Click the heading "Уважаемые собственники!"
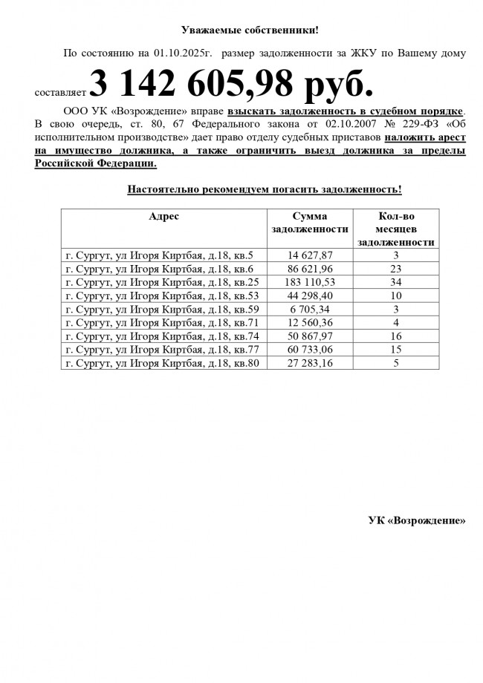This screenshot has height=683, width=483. click(x=250, y=30)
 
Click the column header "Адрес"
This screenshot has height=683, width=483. click(x=163, y=216)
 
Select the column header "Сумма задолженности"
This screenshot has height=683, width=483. click(x=310, y=223)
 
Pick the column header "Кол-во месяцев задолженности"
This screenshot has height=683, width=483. click(x=396, y=229)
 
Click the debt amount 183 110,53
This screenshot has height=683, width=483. click(x=310, y=282)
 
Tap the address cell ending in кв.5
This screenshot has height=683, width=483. click(x=160, y=255)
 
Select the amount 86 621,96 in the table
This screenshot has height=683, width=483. click(x=310, y=269)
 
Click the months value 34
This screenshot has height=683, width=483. click(x=396, y=282)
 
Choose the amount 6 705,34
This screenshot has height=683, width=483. click(x=310, y=309)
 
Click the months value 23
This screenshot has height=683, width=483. click(x=396, y=269)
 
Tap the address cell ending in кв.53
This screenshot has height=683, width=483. click(x=163, y=295)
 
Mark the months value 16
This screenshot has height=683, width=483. click(x=396, y=336)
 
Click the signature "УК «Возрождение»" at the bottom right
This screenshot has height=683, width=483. click(x=417, y=520)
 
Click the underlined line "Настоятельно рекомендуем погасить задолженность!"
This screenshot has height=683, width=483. click(x=265, y=189)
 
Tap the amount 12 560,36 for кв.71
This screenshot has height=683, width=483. click(x=310, y=322)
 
